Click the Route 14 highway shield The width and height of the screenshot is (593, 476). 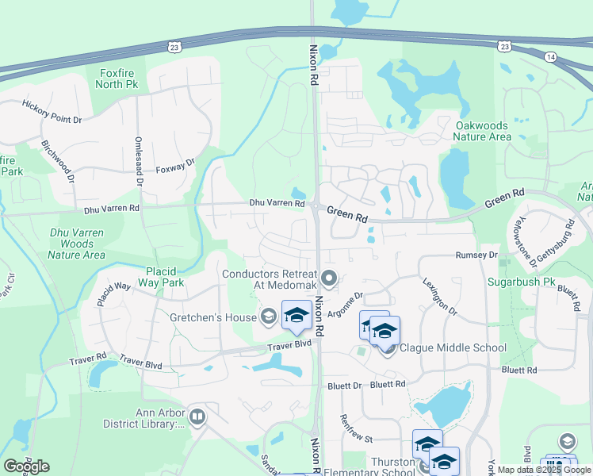click(x=551, y=57)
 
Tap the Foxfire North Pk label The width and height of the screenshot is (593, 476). click(x=119, y=79)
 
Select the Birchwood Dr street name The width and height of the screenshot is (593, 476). click(x=57, y=162)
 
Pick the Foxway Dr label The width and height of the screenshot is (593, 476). click(x=175, y=167)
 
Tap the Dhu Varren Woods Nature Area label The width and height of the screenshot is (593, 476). click(x=77, y=244)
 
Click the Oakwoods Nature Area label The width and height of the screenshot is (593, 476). click(x=482, y=131)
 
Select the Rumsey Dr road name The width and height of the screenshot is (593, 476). click(x=476, y=255)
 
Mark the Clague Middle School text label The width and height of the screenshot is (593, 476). click(x=453, y=347)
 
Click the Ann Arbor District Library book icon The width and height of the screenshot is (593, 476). click(x=197, y=416)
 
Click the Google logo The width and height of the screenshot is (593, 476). click(x=26, y=466)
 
